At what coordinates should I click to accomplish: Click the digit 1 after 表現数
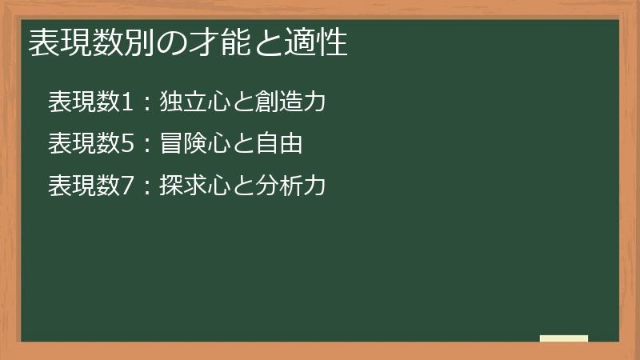[123, 102]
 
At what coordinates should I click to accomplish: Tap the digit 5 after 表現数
[123, 144]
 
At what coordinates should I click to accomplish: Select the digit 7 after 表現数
[123, 186]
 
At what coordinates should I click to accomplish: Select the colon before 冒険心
[145, 146]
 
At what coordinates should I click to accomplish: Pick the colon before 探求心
[145, 187]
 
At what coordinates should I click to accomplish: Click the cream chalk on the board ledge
[564, 338]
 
